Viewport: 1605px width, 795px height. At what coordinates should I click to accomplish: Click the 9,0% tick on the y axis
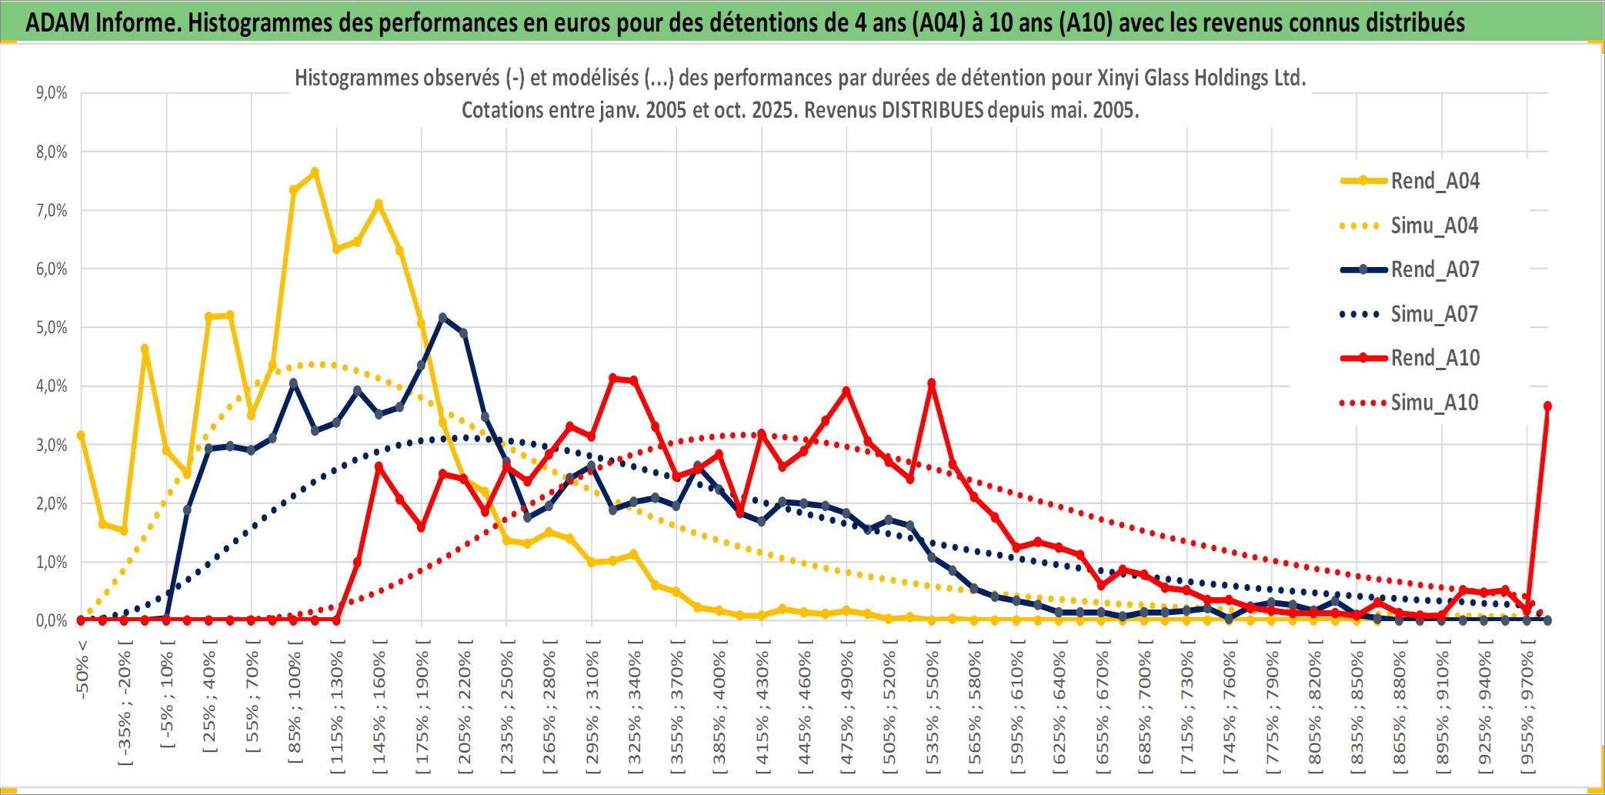pos(52,93)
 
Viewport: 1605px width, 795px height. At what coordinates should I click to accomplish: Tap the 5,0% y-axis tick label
pos(52,328)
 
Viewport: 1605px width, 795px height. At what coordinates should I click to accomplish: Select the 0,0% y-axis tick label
pos(52,620)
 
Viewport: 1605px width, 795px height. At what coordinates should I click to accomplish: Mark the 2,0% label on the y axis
pos(52,503)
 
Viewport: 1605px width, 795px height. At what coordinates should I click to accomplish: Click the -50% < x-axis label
pos(82,668)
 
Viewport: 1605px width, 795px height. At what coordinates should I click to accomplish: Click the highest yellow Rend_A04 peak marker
pos(315,172)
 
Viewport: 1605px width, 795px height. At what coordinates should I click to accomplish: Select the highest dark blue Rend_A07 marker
pos(442,317)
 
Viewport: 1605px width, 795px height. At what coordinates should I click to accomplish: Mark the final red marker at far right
pos(1547,406)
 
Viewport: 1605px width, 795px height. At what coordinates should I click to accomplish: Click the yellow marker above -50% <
pos(82,436)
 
